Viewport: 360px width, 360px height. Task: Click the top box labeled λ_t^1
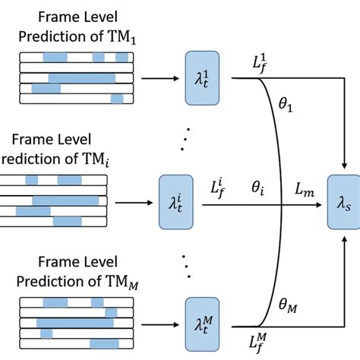pyautogui.click(x=201, y=77)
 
